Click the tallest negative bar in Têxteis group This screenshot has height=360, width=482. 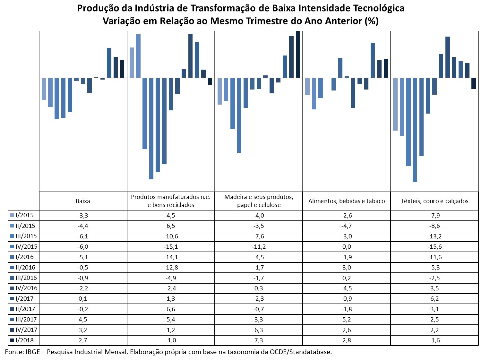coord(415,130)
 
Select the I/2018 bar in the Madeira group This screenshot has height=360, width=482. coord(298,54)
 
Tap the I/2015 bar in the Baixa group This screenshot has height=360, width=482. coord(44,89)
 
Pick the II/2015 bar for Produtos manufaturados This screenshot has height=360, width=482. coord(138,56)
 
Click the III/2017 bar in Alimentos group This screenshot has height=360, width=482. coord(373,60)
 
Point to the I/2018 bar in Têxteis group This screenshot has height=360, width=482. coord(473,83)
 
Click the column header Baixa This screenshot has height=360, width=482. coord(83,201)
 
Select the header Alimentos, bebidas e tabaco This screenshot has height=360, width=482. coord(347,201)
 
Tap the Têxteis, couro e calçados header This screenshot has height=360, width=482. coord(435,201)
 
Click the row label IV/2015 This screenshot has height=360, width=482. coord(26,246)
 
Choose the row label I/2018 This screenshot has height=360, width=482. coord(25,340)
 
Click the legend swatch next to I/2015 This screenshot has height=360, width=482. coord(12,215)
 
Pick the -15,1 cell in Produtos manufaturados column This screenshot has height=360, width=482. coord(171,247)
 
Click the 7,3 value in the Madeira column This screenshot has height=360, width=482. coord(259,340)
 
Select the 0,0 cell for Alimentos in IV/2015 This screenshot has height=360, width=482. coord(347,247)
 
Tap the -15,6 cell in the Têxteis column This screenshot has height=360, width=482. coord(435,247)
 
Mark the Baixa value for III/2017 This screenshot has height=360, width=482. coord(83,320)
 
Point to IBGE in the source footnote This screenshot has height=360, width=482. coord(33,352)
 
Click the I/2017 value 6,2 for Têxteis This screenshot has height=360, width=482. coord(435,299)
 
